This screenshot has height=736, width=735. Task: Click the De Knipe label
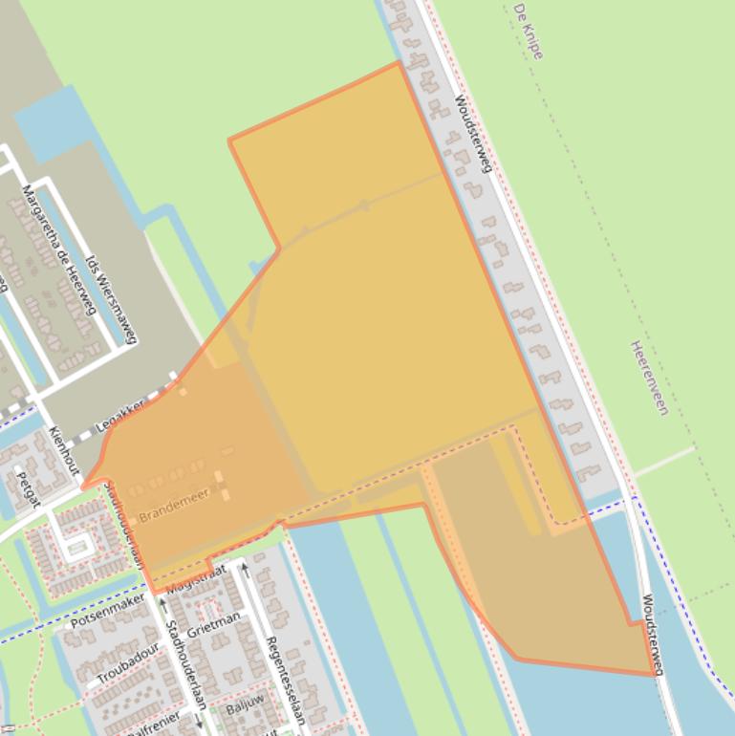tap(528, 32)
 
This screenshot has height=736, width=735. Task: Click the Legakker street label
tap(121, 416)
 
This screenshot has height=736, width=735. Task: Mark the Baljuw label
tap(244, 709)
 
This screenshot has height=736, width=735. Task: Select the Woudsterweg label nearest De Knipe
tap(473, 133)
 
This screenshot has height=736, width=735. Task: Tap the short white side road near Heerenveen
tap(664, 462)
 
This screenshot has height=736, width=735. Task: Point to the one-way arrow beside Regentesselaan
tap(245, 571)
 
